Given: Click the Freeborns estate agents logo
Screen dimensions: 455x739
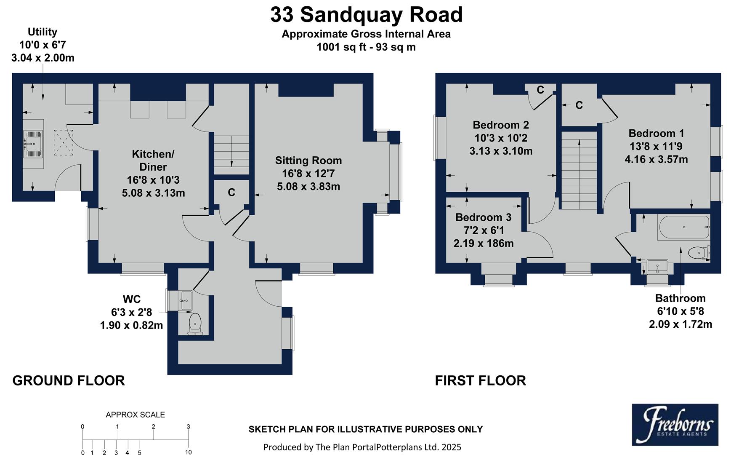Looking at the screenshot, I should (x=675, y=425).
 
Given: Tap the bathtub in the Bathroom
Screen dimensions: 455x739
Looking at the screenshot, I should (x=683, y=227).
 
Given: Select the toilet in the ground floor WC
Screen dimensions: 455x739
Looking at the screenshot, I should (x=195, y=323).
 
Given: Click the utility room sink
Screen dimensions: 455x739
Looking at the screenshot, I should (x=33, y=144).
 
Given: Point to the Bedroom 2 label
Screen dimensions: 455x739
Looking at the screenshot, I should (x=500, y=125).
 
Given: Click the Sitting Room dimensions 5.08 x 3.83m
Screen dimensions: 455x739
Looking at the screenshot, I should (x=308, y=186).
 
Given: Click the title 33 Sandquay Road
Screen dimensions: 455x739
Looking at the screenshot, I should (x=366, y=15).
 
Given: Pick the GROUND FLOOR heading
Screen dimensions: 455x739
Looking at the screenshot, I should (x=69, y=380).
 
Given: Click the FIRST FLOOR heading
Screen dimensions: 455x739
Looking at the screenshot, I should (x=480, y=380).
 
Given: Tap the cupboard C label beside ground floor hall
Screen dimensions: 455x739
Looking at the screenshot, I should (x=231, y=193).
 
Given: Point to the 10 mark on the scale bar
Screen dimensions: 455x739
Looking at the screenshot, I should (x=188, y=452).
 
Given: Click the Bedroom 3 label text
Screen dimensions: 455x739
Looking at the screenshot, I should (x=483, y=217).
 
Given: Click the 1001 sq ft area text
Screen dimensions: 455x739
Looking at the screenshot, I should (x=366, y=47).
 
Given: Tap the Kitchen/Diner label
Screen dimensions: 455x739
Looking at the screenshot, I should (x=153, y=161).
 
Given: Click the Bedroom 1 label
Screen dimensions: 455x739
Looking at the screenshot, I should (x=656, y=134).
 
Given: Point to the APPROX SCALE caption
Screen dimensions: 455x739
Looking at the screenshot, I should (x=135, y=415).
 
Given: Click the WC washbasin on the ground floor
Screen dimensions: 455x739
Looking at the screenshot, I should (x=185, y=300).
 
